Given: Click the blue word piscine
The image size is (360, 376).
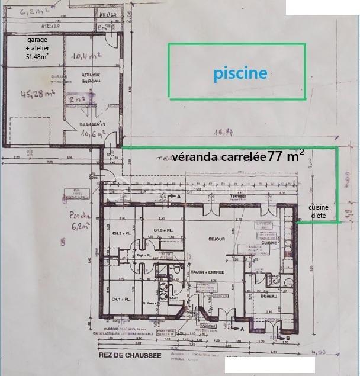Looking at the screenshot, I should [240, 73].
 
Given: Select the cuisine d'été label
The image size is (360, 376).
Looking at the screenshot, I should [319, 211].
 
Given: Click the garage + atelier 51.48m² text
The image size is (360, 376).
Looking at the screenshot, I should [37, 48].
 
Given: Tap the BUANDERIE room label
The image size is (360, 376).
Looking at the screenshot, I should [92, 124].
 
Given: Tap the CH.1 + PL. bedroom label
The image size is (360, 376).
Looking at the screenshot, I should [120, 299].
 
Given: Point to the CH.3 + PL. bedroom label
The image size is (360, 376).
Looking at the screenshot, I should [163, 230].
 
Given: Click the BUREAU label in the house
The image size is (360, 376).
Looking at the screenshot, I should [270, 296].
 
